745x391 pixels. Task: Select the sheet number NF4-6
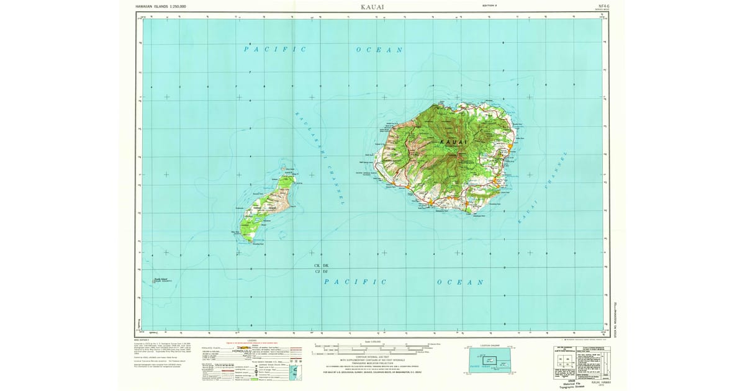[x=597, y=4]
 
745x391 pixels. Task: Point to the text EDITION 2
[x=492, y=5]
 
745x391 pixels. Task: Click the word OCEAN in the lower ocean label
[x=460, y=282]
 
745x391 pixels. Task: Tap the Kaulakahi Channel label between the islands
[x=318, y=158]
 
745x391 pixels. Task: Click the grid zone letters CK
[x=317, y=266]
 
